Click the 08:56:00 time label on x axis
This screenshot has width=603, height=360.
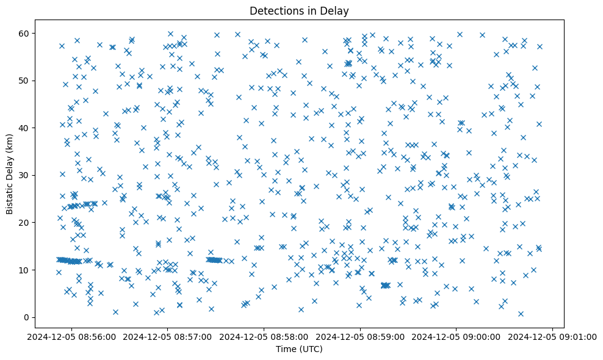(x=73, y=336)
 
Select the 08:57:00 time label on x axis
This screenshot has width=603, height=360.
(x=169, y=336)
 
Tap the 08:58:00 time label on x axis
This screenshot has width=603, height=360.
(x=265, y=336)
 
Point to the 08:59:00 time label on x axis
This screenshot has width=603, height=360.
(x=361, y=336)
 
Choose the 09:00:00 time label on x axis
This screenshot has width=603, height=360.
(x=457, y=336)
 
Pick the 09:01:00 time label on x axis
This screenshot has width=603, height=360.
(x=552, y=336)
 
